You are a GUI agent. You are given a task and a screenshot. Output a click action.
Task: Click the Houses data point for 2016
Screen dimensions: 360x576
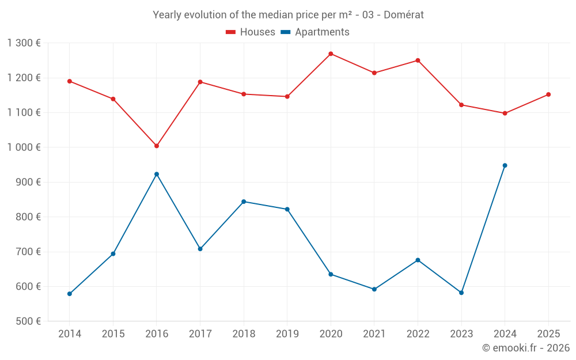pyautogui.click(x=157, y=146)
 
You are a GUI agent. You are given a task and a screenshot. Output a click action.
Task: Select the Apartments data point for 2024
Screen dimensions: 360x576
pyautogui.click(x=505, y=165)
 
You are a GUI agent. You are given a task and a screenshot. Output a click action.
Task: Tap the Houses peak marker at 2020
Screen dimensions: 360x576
pyautogui.click(x=331, y=54)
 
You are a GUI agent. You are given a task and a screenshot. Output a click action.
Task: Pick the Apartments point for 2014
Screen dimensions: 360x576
pyautogui.click(x=70, y=294)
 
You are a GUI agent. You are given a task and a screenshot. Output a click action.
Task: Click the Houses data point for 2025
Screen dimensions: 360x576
pyautogui.click(x=548, y=94)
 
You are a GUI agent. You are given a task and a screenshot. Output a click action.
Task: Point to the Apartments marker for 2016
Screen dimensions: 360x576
pyautogui.click(x=157, y=174)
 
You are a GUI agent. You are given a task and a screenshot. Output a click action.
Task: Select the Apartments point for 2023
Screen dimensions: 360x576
pyautogui.click(x=461, y=293)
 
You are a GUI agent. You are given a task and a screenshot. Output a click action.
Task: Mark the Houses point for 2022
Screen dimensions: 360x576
pyautogui.click(x=418, y=60)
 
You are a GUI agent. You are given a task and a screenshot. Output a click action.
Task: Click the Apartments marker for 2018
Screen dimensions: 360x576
pyautogui.click(x=244, y=202)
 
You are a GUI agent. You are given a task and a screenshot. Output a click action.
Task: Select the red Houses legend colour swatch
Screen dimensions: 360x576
pyautogui.click(x=231, y=32)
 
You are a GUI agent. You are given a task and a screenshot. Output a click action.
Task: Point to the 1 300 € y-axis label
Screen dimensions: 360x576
pyautogui.click(x=24, y=43)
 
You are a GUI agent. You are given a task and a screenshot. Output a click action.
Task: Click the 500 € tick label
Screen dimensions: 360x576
pyautogui.click(x=28, y=321)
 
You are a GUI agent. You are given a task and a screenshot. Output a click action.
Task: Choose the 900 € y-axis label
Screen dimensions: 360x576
pyautogui.click(x=28, y=182)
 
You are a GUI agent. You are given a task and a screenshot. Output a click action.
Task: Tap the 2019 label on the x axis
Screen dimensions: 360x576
pyautogui.click(x=287, y=334)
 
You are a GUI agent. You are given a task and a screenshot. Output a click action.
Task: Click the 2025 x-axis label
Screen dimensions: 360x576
pyautogui.click(x=548, y=334)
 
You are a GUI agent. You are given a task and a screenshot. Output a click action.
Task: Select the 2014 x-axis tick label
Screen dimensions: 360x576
pyautogui.click(x=70, y=334)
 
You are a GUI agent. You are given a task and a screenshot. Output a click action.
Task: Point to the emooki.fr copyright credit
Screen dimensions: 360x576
pyautogui.click(x=525, y=348)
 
